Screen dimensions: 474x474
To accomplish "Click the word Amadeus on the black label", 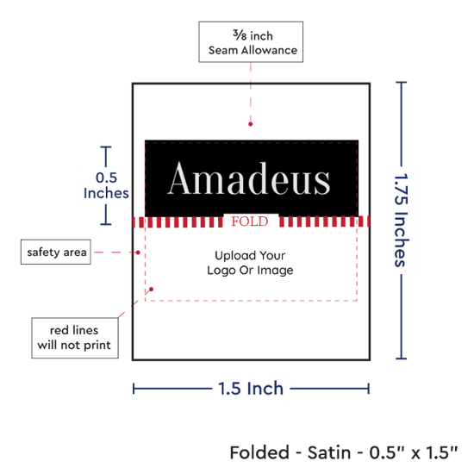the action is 249,178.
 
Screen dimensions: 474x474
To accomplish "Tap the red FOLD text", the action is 250,221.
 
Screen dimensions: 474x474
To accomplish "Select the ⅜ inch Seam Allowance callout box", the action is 251,42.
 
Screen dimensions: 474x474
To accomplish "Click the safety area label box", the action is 56,252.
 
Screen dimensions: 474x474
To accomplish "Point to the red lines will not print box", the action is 75,338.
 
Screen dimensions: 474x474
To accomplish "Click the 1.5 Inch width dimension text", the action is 251,389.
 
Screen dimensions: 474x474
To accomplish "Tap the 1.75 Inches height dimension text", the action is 402,221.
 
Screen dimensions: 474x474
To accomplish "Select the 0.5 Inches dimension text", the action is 106,185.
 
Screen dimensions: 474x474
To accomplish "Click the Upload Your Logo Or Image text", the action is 250,263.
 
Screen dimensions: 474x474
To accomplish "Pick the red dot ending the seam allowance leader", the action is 250,124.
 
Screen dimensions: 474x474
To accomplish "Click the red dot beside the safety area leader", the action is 138,253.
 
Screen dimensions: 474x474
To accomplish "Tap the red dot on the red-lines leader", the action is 151,290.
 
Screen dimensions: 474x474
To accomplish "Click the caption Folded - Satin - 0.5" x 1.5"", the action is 344,452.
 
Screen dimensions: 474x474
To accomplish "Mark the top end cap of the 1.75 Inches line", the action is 401,82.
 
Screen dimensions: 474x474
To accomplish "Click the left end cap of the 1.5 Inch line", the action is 134,389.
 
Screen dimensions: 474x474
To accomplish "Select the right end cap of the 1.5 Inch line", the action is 369,389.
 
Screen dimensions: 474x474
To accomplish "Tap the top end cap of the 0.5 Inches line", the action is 106,147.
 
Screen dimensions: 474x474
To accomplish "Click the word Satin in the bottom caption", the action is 329,452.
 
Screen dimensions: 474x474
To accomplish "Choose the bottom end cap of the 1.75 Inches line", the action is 401,359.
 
